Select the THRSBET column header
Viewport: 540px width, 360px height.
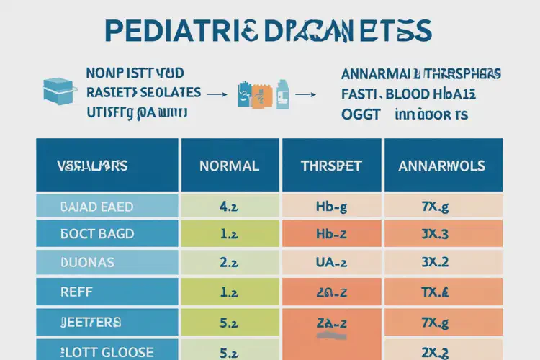(331, 166)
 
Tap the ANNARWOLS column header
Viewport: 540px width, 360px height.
(441, 166)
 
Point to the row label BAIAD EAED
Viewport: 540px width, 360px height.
(97, 207)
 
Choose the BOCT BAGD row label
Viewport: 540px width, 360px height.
(98, 234)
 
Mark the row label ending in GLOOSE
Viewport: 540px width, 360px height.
(108, 351)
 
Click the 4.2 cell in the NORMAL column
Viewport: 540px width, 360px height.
(229, 207)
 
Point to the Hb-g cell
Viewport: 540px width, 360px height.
(332, 207)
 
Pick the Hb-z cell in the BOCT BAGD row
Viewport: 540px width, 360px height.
(332, 234)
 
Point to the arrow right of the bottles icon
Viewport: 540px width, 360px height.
(306, 94)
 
